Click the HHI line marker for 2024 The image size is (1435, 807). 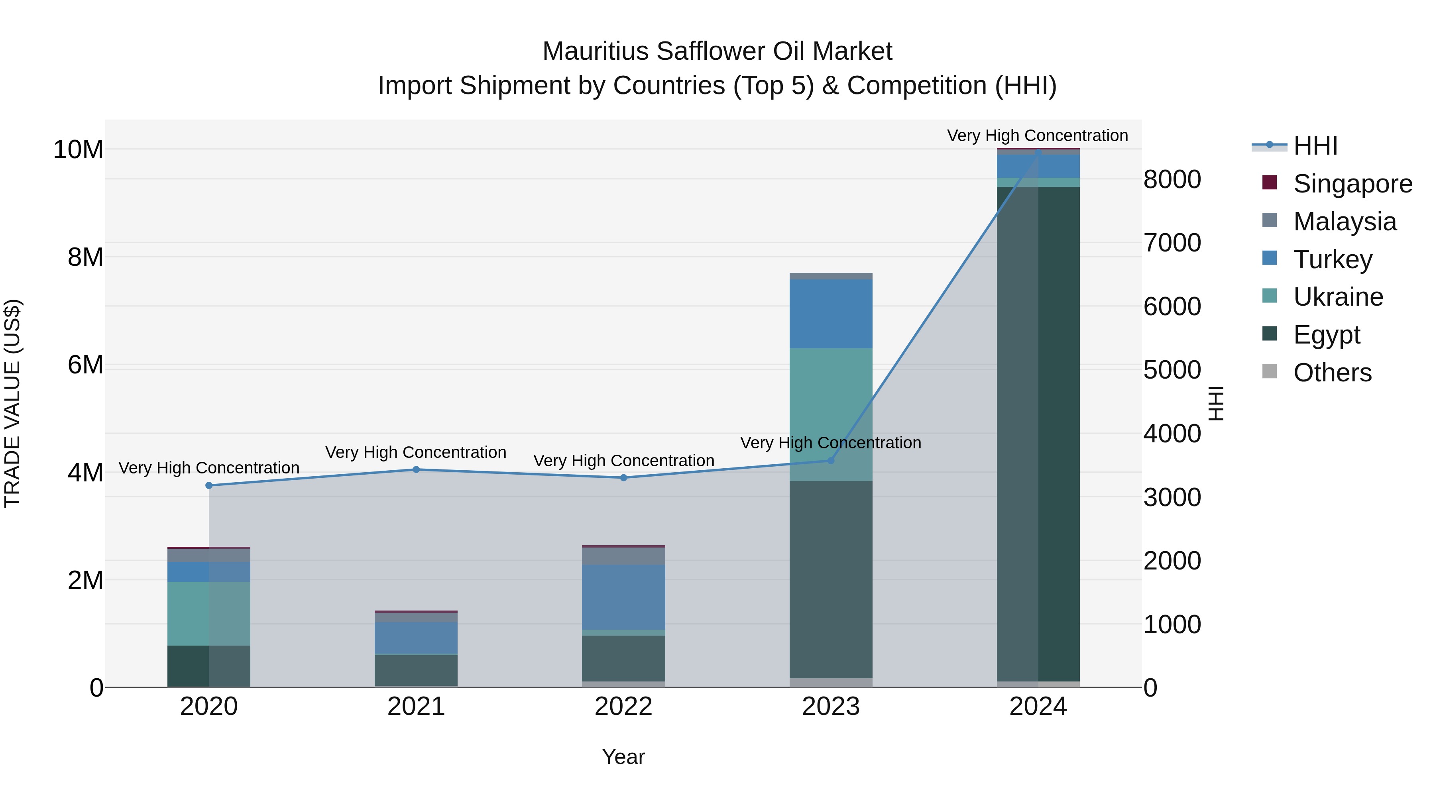point(1038,151)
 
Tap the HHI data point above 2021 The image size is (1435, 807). point(416,469)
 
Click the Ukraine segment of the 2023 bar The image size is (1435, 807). point(831,414)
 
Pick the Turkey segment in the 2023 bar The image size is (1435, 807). point(831,314)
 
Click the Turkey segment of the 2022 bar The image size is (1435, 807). point(623,597)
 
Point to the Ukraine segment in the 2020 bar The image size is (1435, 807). point(209,613)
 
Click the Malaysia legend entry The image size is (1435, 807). point(1344,222)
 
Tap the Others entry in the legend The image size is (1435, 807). point(1331,373)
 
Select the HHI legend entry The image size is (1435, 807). point(1314,146)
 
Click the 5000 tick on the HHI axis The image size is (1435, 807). point(1172,370)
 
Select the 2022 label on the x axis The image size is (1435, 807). point(623,707)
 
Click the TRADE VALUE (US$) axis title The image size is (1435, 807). point(12,403)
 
